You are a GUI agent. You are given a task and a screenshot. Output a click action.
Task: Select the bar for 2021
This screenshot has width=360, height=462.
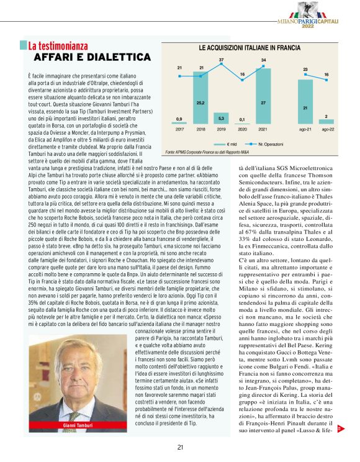coord(263,108)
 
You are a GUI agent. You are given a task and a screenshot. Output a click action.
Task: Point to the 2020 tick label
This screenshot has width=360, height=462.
coord(242,129)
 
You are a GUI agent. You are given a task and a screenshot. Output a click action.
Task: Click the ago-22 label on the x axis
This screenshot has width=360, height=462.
coord(326,129)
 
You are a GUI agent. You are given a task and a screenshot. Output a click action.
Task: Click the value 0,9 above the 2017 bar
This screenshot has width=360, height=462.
coord(179,119)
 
